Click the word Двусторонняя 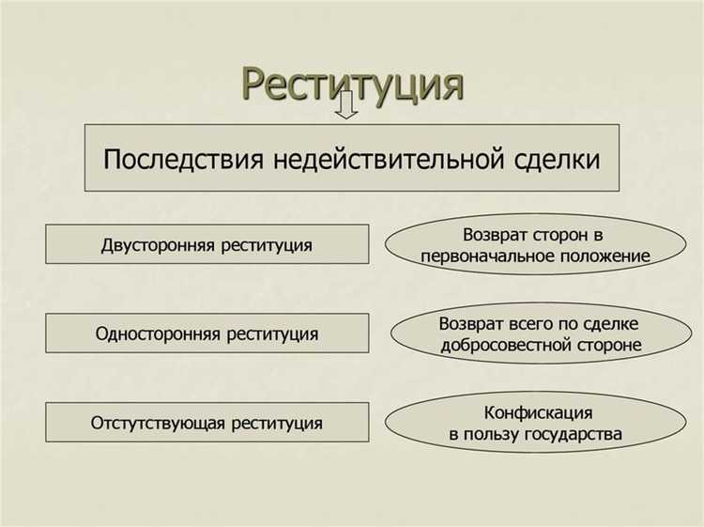159,246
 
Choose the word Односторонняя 161,333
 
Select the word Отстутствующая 156,423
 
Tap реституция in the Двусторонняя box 268,246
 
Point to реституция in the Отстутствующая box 276,423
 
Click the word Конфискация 538,412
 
